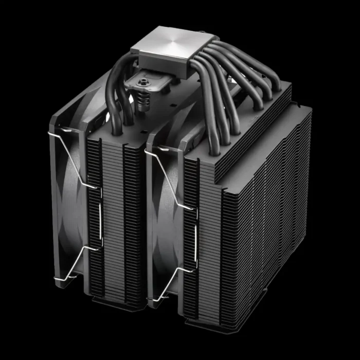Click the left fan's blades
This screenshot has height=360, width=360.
coord(72,206)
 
